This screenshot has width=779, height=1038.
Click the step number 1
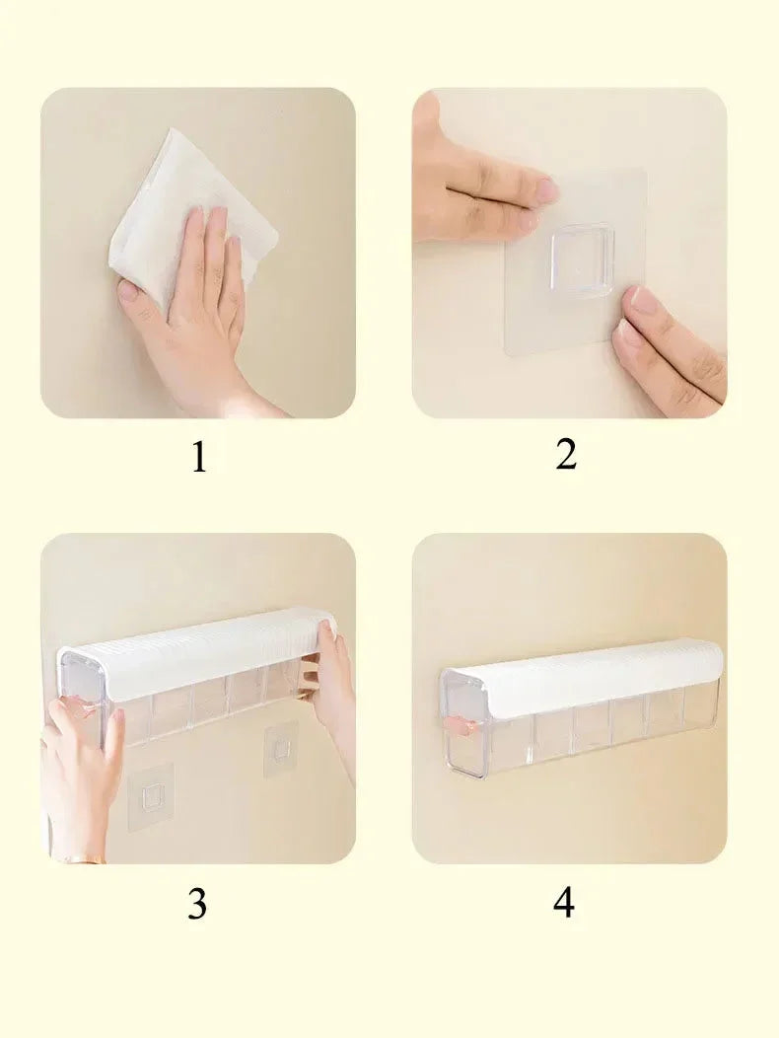click(198, 458)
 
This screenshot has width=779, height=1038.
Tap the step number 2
click(566, 455)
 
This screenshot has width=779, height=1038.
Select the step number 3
click(197, 904)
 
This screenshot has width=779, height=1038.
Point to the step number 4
click(564, 902)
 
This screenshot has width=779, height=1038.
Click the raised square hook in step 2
click(582, 258)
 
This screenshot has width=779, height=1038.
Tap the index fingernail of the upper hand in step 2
click(546, 190)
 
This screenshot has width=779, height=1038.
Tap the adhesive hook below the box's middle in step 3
click(279, 747)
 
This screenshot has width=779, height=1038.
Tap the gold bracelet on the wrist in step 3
click(85, 859)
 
